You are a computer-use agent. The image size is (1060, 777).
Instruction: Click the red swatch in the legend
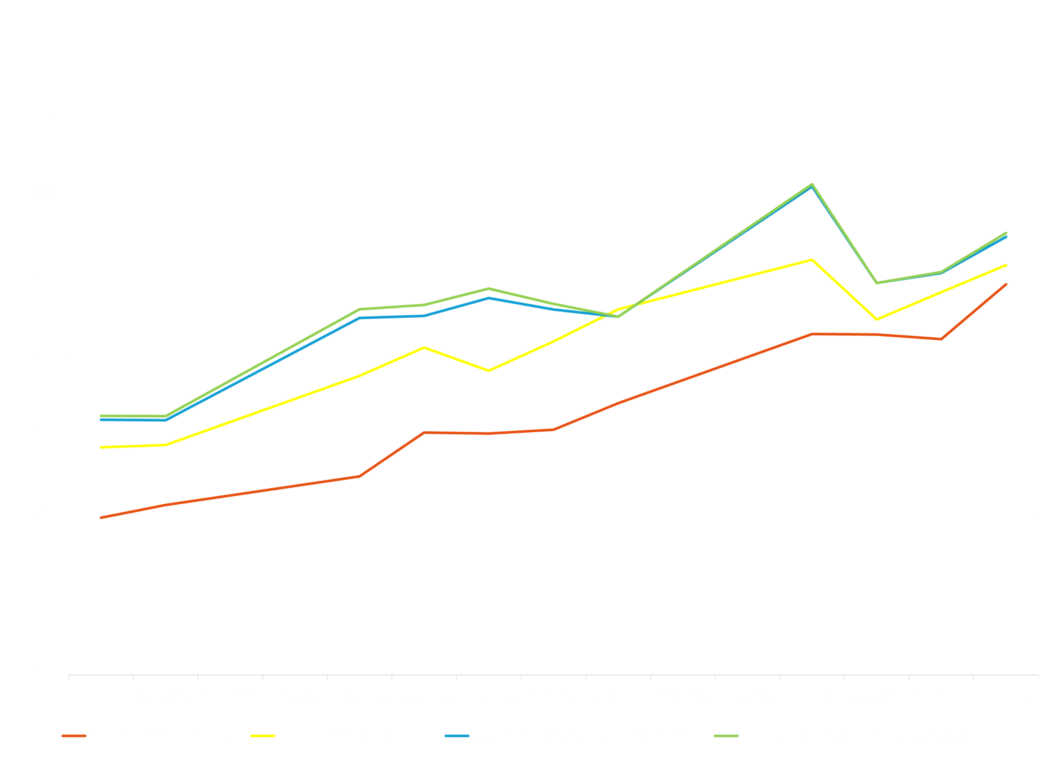click(73, 736)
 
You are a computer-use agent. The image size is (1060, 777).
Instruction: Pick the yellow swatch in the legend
click(262, 736)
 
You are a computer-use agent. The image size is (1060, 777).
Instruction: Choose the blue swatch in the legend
click(457, 736)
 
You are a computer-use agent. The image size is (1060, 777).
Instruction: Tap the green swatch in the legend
click(726, 736)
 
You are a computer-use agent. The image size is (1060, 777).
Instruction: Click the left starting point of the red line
click(100, 518)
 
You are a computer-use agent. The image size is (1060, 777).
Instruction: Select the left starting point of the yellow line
click(100, 447)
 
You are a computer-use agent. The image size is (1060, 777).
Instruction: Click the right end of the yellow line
click(1006, 264)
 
